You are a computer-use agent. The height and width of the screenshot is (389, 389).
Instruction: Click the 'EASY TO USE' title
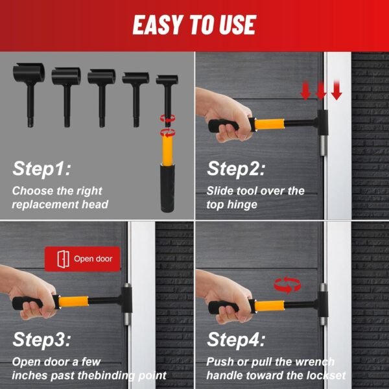pos(194,25)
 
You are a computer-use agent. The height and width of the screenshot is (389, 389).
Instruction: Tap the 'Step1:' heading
pos(41,169)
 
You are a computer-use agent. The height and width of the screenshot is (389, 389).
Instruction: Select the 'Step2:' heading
pos(236,169)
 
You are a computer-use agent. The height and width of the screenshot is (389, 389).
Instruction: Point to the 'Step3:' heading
pos(41,340)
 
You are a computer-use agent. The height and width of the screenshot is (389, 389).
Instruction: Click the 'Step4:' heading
pos(236,340)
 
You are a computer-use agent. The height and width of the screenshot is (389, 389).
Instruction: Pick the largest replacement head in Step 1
pos(29,94)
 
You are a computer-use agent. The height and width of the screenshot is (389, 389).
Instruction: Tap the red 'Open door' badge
pos(82,259)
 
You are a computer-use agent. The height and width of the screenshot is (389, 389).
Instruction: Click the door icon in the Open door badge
pos(64,259)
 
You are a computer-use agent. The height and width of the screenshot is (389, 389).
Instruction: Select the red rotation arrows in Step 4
pos(287,285)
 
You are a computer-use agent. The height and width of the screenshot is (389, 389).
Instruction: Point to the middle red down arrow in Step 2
pos(320,91)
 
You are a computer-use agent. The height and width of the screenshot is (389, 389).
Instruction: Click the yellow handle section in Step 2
pos(269,124)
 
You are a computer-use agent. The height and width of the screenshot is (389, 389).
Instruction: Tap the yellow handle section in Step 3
pos(73,301)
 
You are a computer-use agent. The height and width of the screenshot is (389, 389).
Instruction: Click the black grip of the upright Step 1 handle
pos(167,188)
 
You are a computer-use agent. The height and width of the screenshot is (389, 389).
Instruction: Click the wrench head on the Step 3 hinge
pos(126,300)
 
